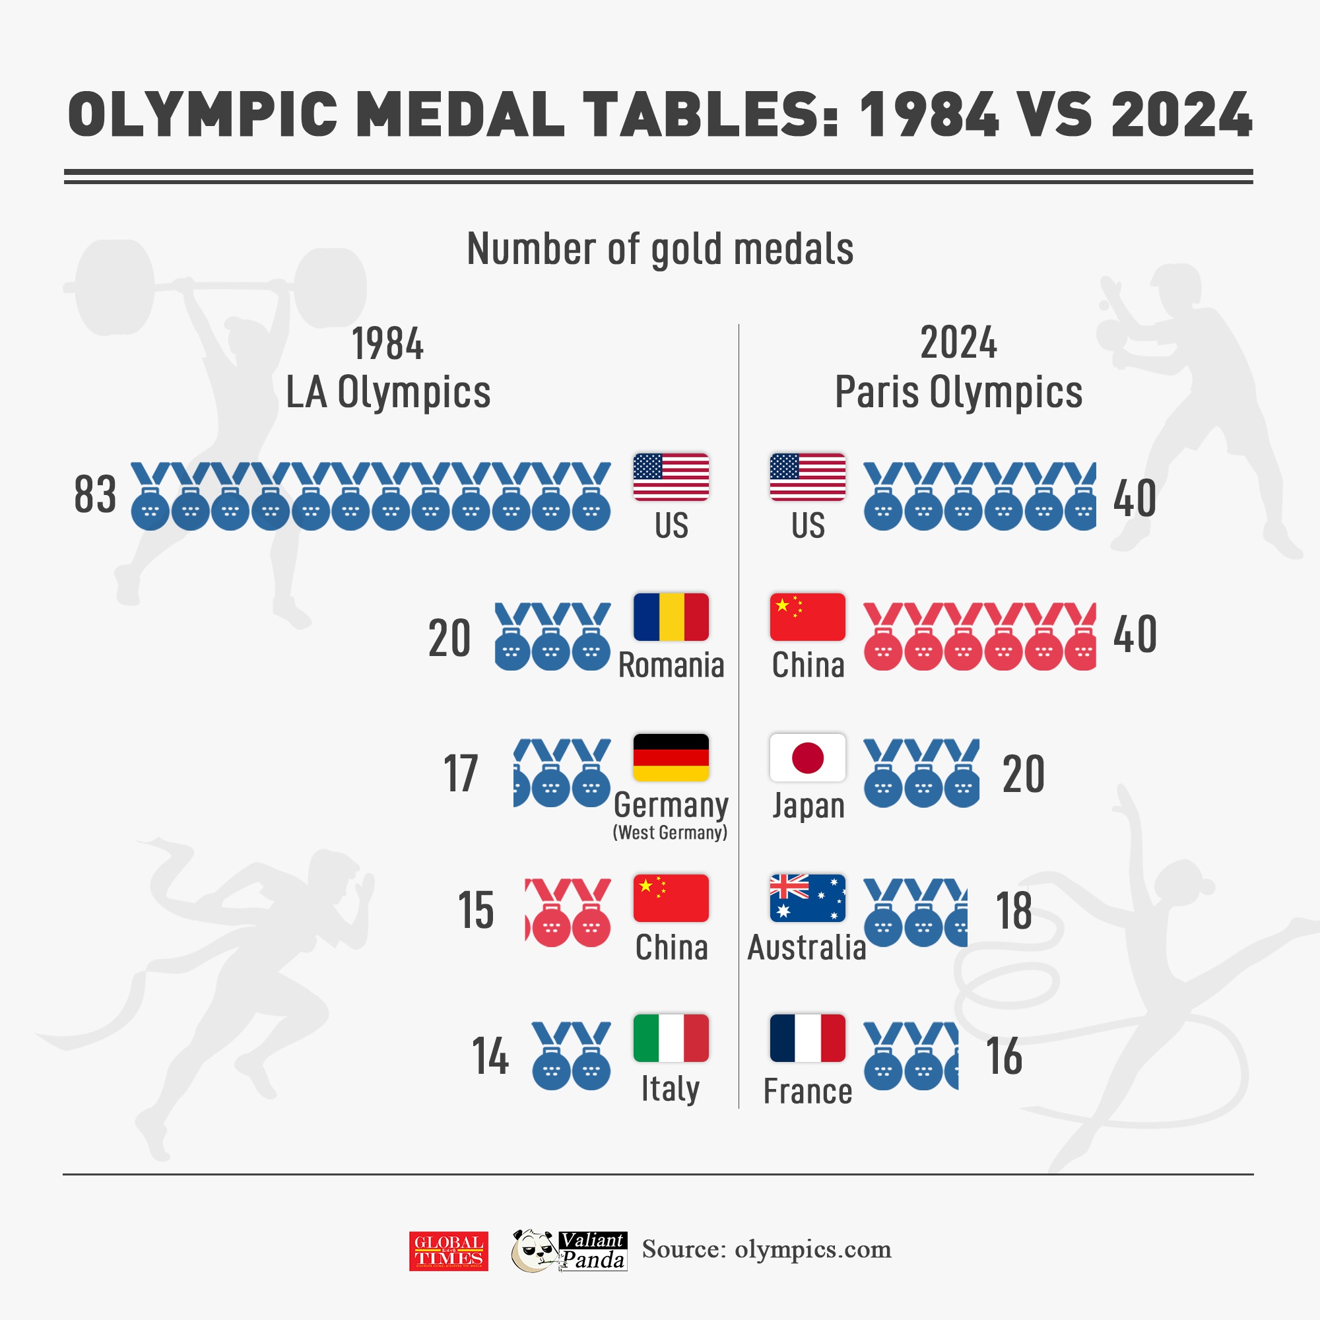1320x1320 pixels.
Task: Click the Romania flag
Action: tap(671, 617)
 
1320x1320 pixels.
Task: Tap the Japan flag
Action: tap(807, 758)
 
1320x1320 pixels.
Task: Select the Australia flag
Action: tap(807, 898)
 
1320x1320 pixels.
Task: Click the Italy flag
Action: tap(671, 1038)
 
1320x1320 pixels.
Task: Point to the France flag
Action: tap(807, 1038)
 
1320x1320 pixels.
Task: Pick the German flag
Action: tap(671, 758)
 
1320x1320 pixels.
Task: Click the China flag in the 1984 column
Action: tap(671, 898)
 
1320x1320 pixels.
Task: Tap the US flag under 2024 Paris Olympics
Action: tap(807, 477)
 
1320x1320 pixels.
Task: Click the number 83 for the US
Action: tap(95, 494)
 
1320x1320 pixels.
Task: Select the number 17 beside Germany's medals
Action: tap(461, 774)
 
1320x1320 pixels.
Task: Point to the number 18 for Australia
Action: tap(1014, 911)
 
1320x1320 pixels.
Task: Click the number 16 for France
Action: tap(1004, 1056)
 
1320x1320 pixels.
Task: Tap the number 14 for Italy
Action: tap(490, 1056)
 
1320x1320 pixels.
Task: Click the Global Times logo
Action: tap(448, 1251)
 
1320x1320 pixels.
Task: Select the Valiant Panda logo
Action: tap(569, 1250)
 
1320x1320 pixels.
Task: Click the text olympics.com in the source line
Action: tap(812, 1249)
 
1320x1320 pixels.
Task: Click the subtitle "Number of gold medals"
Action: tap(660, 249)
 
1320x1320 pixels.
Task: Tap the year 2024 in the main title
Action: tap(1181, 115)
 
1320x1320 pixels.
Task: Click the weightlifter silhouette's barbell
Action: tap(218, 286)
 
